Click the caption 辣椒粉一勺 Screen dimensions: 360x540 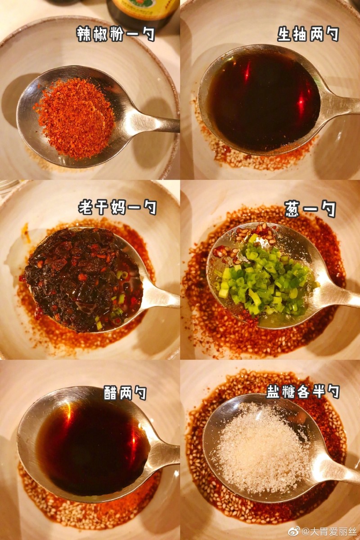(116, 34)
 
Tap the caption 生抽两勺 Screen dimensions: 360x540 (308, 34)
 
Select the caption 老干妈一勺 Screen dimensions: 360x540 (117, 207)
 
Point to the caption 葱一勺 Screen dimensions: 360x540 (310, 209)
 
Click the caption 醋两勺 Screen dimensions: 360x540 (125, 392)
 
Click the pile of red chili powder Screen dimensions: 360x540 (75, 117)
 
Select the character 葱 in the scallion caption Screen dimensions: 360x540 (293, 209)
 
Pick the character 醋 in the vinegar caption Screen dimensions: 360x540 (111, 392)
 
